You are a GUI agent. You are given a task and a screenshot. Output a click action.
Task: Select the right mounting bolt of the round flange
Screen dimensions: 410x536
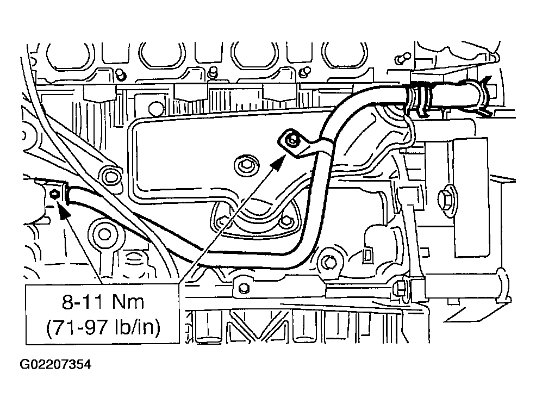[x=284, y=222]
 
